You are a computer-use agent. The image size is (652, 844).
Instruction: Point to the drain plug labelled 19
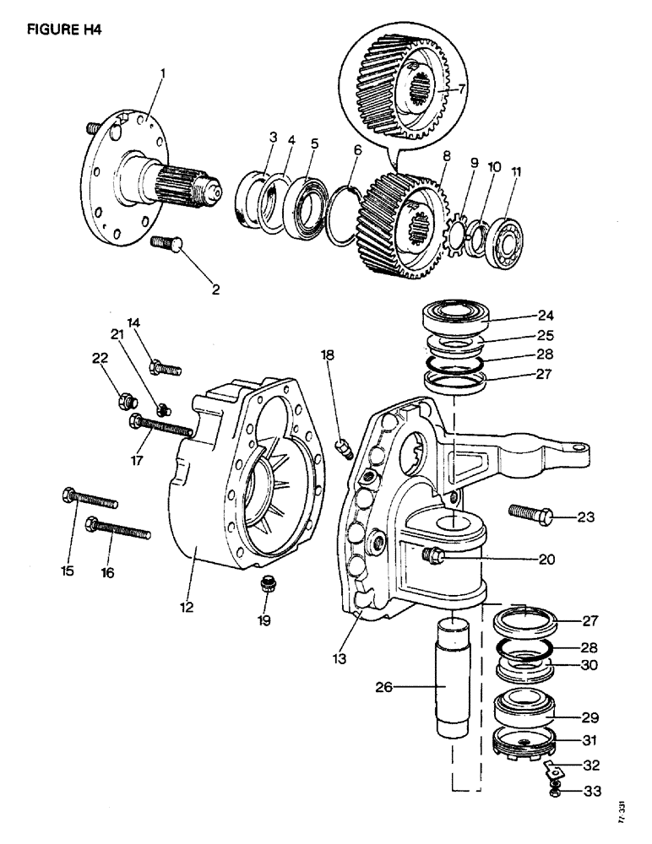[266, 583]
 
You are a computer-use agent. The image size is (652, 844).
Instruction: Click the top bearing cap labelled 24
[461, 320]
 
